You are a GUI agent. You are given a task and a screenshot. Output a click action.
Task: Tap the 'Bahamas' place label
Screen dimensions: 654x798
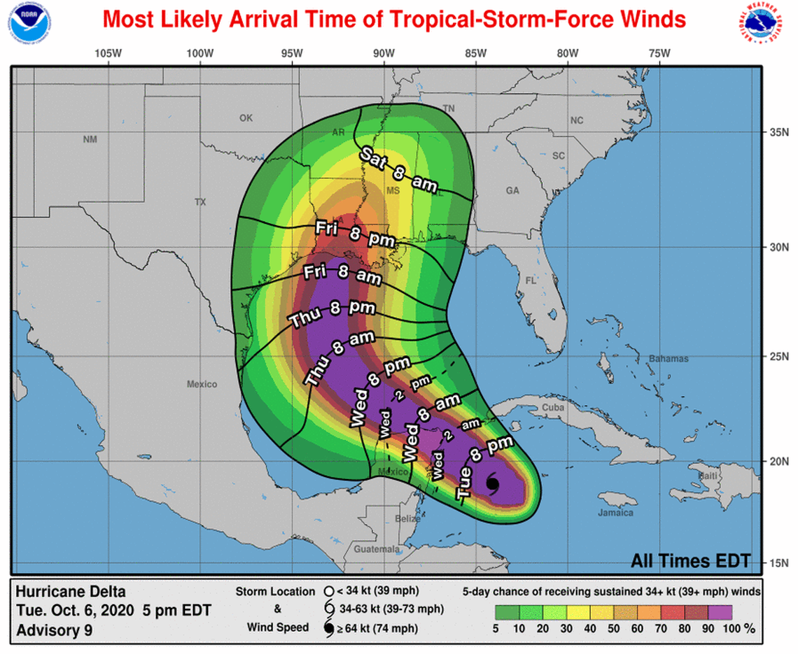point(669,359)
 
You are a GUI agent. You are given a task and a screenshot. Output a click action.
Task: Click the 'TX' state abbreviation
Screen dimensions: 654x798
point(201,202)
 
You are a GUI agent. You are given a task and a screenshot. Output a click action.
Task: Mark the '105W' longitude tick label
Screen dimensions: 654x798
point(108,53)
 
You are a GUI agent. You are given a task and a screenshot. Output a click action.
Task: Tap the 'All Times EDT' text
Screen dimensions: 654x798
point(690,560)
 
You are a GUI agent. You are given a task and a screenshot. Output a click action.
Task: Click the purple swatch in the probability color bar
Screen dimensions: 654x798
point(718,612)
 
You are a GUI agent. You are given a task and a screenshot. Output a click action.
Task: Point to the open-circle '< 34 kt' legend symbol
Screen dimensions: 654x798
point(329,592)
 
